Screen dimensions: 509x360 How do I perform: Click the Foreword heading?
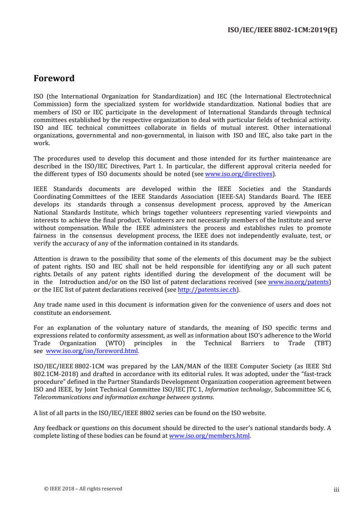pyautogui.click(x=54, y=78)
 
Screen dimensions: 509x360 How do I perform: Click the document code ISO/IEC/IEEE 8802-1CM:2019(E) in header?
pyautogui.click(x=282, y=31)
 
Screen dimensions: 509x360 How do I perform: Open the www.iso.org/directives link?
pyautogui.click(x=239, y=174)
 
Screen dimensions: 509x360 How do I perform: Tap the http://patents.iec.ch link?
pyautogui.click(x=207, y=289)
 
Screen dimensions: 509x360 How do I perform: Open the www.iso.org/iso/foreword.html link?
pyautogui.click(x=93, y=351)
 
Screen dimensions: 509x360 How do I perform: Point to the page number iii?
pyautogui.click(x=336, y=489)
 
